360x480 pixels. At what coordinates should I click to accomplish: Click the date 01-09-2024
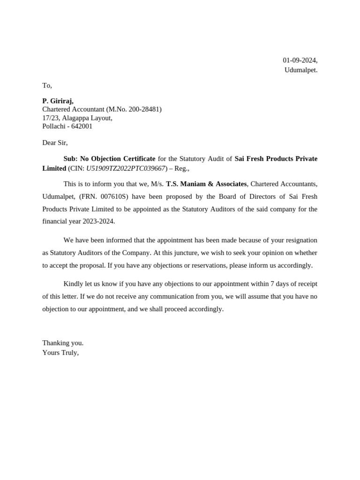point(300,60)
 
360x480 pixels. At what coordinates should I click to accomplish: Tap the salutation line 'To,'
point(47,85)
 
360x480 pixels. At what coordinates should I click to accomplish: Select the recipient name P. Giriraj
point(58,101)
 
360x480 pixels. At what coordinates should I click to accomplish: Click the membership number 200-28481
point(141,109)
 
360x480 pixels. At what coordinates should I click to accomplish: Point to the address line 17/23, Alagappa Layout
point(77,118)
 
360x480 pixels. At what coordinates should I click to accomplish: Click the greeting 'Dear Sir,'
point(55,142)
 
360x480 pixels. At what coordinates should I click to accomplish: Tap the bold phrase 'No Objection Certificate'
point(118,159)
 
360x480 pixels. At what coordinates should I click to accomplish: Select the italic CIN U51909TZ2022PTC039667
point(126,168)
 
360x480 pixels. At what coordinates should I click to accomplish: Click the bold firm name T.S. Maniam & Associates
point(206,184)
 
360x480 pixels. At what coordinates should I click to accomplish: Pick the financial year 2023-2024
point(97,221)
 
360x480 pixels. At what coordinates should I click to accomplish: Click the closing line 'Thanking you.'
point(63,343)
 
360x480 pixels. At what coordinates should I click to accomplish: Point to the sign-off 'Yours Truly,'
point(60,352)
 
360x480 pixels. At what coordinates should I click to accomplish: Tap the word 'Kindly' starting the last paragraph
point(73,284)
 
